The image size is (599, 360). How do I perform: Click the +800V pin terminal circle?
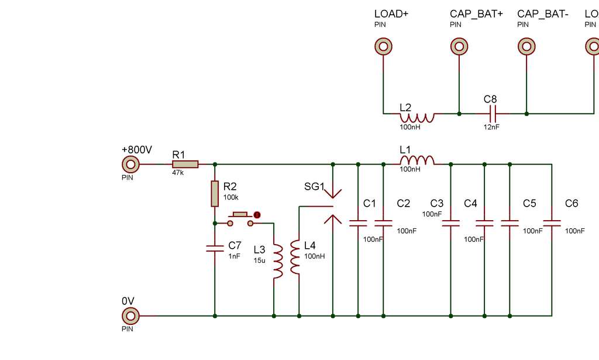point(130,164)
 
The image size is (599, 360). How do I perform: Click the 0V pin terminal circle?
point(130,316)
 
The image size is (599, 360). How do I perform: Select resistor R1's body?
point(185,164)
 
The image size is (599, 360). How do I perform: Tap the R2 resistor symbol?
point(215,194)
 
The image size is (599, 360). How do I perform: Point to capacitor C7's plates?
point(215,248)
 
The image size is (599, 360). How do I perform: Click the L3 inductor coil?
point(278,261)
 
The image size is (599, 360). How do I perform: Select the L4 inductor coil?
point(295,257)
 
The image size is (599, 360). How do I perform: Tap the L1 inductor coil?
point(417,160)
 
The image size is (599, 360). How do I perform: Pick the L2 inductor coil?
point(417,118)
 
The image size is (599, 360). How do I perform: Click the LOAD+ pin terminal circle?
point(384,47)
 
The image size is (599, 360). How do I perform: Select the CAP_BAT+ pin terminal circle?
point(459,47)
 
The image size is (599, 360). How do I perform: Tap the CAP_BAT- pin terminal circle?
point(527,47)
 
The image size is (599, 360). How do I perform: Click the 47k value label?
point(178,173)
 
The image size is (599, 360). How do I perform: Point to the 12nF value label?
point(491,126)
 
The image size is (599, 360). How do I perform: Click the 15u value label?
point(259,260)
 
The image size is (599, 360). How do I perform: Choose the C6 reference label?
point(572,203)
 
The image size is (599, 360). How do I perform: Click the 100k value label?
point(231,197)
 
